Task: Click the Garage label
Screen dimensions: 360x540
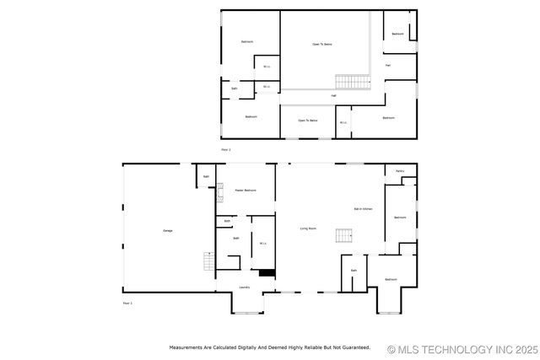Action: (x=156, y=230)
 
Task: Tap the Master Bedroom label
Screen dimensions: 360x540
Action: (x=244, y=191)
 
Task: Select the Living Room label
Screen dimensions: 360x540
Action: (x=309, y=228)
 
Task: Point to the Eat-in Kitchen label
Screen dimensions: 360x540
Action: (x=364, y=208)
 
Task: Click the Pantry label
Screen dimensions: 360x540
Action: (x=401, y=171)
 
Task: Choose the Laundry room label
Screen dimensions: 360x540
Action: (x=244, y=287)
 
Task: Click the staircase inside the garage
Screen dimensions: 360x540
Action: (x=206, y=260)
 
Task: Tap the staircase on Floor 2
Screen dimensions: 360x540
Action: (x=353, y=82)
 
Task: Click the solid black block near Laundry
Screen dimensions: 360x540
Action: (x=267, y=272)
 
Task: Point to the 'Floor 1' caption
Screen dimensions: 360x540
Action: (x=128, y=303)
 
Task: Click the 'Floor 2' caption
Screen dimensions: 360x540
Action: (x=226, y=149)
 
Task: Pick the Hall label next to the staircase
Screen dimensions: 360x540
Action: (x=333, y=95)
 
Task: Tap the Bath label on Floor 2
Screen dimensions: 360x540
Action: (x=234, y=88)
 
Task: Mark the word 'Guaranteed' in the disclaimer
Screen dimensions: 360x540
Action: (x=354, y=347)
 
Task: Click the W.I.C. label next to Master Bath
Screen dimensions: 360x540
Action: (x=262, y=244)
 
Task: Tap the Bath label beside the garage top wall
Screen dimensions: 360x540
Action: (x=206, y=176)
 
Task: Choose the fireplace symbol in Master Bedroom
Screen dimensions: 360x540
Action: (x=219, y=192)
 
